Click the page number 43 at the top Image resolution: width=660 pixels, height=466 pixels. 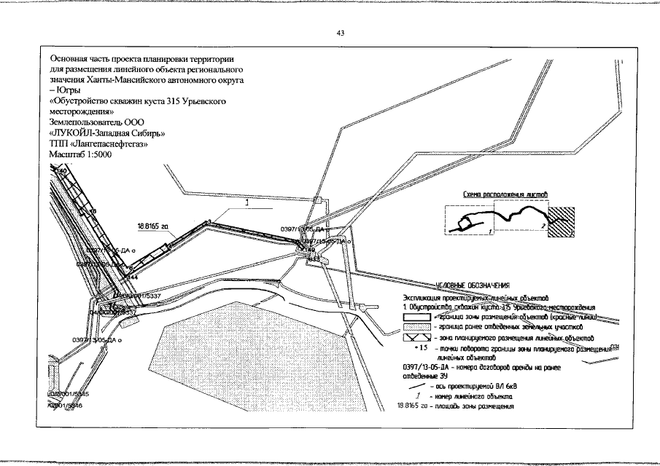point(340,33)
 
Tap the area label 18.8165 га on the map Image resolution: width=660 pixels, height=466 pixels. point(152,226)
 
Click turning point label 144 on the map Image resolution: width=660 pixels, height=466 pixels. point(133,277)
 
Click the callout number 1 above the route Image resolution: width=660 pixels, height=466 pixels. point(247,204)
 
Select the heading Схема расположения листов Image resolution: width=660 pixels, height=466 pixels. point(505,195)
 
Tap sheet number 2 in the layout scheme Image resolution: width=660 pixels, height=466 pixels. point(543,226)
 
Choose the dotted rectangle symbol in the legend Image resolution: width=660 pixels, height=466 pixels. point(416,328)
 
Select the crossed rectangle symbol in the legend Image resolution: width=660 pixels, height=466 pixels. point(416,339)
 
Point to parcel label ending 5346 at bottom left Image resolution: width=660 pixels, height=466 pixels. point(66,406)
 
